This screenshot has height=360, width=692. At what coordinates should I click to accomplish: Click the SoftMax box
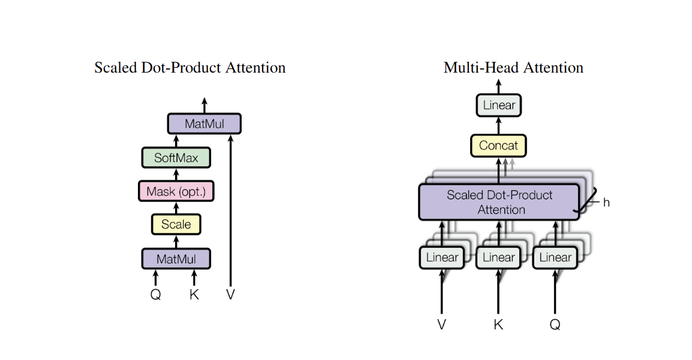[176, 158]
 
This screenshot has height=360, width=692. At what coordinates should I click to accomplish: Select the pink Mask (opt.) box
[176, 191]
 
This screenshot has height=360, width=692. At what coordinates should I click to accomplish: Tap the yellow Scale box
[176, 224]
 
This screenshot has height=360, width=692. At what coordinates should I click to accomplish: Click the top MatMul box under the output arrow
[204, 124]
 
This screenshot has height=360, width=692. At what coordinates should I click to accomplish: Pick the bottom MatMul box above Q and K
[176, 259]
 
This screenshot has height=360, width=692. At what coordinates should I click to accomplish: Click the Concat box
[499, 146]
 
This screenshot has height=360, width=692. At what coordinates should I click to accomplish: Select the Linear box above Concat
[499, 105]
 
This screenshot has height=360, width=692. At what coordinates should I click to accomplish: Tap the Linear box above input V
[442, 257]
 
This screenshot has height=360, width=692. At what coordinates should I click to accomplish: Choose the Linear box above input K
[499, 257]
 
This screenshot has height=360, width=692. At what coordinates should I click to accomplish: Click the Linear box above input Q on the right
[555, 257]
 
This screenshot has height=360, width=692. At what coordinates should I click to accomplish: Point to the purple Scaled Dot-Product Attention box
[499, 202]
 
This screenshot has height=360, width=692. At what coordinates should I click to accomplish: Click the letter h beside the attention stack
[606, 203]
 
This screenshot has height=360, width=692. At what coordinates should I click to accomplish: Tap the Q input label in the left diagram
[155, 295]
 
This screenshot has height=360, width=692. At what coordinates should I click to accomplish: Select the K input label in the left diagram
[194, 295]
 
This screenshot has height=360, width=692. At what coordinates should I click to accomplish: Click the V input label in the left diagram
[230, 295]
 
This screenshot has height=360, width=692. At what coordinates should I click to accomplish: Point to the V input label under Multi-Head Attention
[442, 325]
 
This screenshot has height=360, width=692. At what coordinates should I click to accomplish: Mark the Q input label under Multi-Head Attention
[555, 325]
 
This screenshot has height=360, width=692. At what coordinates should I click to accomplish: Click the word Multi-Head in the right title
[482, 68]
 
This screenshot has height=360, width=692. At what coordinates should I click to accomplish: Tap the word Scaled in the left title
[116, 68]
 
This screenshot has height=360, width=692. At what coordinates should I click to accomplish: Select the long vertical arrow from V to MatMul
[230, 211]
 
